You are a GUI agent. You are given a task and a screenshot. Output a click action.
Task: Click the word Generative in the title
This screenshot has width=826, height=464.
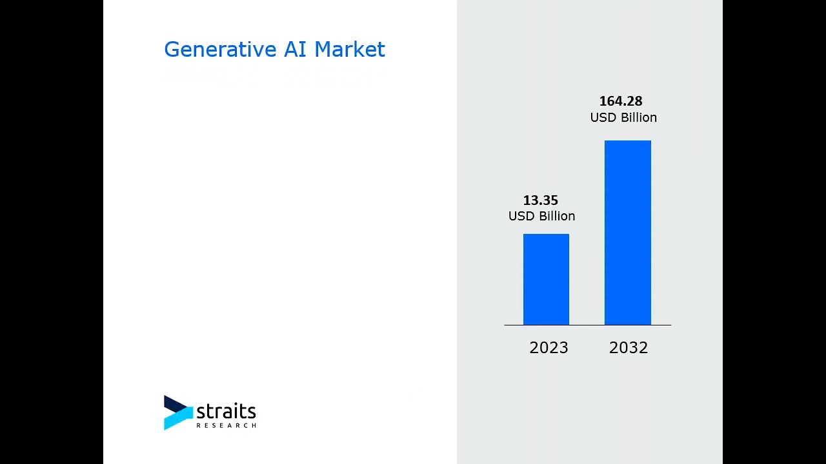[220, 50]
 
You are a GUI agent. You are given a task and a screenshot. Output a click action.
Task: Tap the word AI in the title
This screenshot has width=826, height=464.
[296, 50]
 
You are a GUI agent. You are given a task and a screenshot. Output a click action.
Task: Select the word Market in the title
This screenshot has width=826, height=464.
[349, 50]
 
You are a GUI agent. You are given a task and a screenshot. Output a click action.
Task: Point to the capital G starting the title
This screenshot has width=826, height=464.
[172, 50]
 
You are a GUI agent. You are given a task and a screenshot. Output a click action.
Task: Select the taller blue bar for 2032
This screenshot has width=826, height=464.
[627, 233]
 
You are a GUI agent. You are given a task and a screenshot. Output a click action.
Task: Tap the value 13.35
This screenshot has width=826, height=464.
[540, 200]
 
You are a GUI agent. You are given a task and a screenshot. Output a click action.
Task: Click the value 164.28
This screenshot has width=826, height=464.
[620, 101]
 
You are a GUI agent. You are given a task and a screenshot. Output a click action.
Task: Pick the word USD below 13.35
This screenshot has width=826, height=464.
[521, 217]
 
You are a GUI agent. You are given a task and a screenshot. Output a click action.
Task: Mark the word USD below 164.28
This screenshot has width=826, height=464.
[603, 118]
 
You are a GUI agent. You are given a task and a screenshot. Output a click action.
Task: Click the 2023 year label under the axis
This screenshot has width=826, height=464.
[549, 348]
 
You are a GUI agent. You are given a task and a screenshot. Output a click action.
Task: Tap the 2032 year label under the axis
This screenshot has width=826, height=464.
[628, 348]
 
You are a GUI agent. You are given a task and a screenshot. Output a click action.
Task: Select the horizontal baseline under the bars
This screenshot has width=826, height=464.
[587, 325]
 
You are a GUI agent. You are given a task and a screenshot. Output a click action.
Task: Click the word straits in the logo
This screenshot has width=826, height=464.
[226, 411]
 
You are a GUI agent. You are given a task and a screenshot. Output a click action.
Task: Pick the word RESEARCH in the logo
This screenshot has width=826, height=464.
[226, 425]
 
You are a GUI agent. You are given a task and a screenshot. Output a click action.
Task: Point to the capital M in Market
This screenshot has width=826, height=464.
[323, 50]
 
